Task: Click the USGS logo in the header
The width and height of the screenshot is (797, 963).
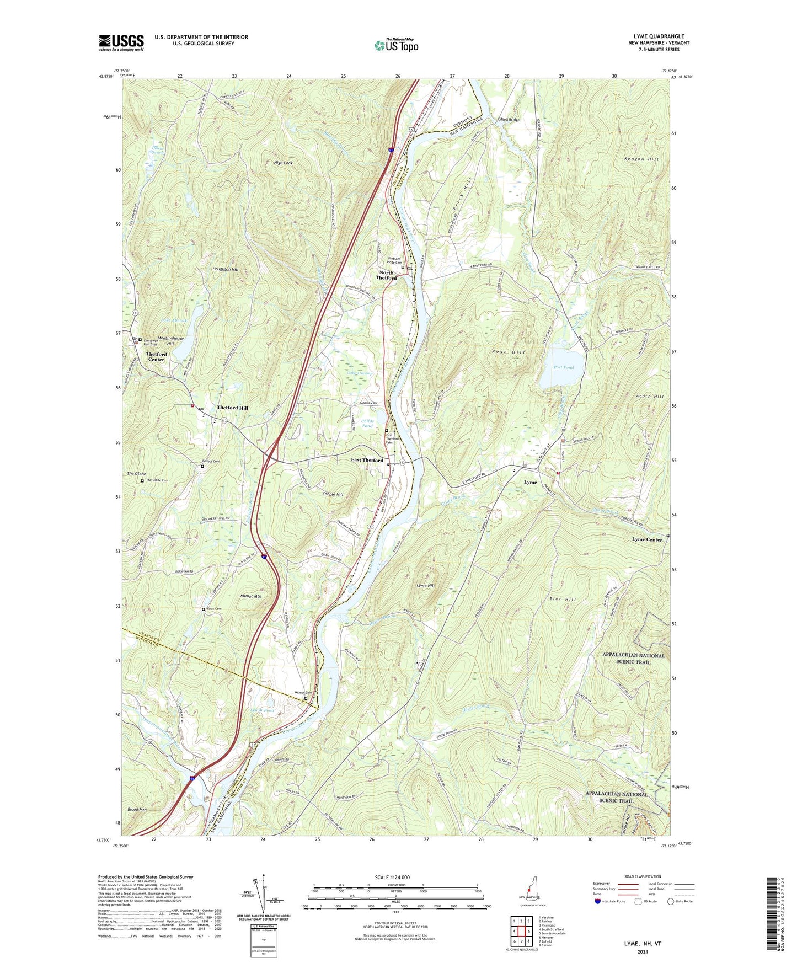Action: coord(121,42)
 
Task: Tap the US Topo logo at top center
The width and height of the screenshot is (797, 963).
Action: coord(396,45)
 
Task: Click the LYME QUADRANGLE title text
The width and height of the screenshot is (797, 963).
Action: coord(655,36)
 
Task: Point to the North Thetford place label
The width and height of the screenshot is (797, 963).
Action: coord(386,275)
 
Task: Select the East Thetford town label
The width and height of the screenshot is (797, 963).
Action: coord(367,460)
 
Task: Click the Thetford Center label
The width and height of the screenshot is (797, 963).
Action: coord(156,357)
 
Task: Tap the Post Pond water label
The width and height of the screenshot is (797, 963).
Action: coord(563,367)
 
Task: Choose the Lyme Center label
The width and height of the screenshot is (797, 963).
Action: coord(647,539)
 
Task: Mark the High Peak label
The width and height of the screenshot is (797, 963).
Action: coord(283,163)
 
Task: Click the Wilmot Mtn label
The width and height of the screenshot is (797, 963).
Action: coord(250,596)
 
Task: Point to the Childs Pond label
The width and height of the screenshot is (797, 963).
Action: coord(367,424)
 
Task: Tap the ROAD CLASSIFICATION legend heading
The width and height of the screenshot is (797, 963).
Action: coord(643,876)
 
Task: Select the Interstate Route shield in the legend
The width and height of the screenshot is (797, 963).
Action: coord(598,901)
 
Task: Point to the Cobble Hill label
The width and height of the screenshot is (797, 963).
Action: coord(333,494)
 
